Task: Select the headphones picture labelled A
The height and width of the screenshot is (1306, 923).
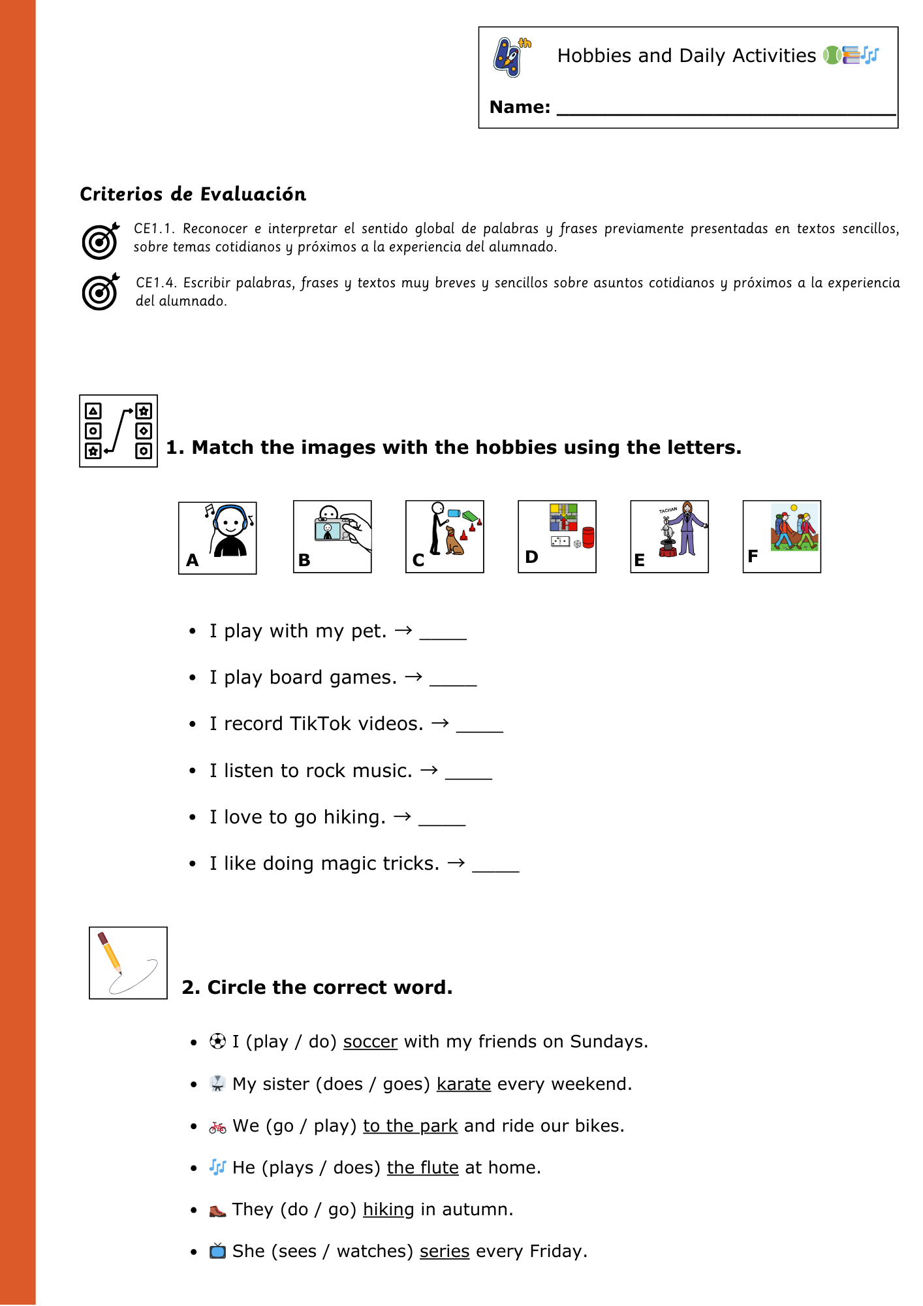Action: click(x=217, y=537)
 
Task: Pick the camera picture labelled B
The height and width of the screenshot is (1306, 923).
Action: click(x=332, y=536)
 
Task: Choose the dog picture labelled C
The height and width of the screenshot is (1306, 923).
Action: click(x=445, y=536)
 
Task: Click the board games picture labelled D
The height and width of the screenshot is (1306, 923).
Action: click(x=557, y=536)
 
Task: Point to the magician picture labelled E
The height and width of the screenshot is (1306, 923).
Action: click(x=669, y=536)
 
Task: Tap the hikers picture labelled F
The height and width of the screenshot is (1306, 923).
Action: click(x=781, y=536)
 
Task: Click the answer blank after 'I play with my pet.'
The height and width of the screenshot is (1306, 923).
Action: click(x=443, y=634)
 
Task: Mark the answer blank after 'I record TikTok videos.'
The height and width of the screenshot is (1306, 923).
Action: click(x=479, y=727)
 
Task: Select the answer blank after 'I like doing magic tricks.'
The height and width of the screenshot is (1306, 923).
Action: click(x=495, y=867)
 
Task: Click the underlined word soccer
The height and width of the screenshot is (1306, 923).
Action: click(x=370, y=1042)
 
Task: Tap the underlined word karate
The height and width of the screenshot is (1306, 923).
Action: click(x=463, y=1084)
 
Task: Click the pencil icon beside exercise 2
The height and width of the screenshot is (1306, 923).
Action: click(x=128, y=963)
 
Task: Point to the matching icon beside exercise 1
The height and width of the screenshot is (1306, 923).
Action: click(x=118, y=431)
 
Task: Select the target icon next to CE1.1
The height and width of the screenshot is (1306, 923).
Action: click(x=100, y=240)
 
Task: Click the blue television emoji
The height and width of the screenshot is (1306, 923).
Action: click(x=217, y=1251)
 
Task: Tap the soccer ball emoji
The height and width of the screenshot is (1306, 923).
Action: click(x=217, y=1042)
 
